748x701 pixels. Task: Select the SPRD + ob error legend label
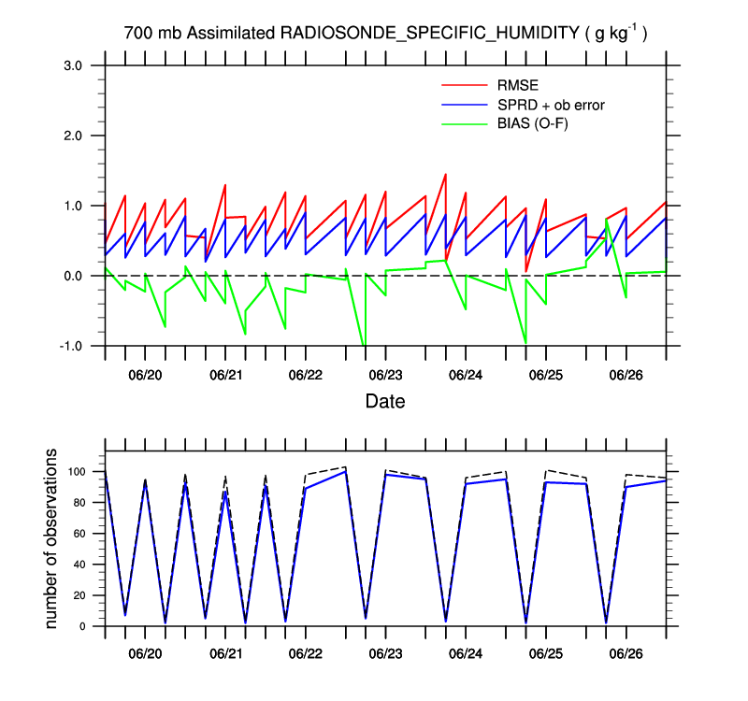(x=552, y=105)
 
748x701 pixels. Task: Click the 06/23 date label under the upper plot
(x=385, y=375)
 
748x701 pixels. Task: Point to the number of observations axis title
(x=52, y=538)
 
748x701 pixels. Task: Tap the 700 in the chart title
(x=137, y=34)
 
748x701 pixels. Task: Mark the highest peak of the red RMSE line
(x=445, y=174)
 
